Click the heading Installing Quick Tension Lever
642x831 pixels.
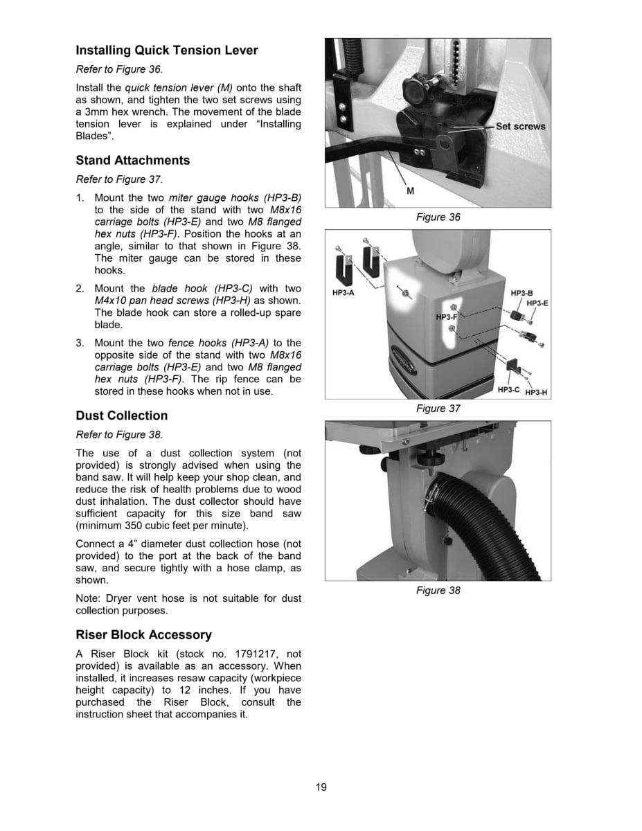tap(166, 51)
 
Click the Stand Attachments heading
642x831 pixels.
tap(132, 161)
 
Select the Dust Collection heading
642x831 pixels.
tap(121, 415)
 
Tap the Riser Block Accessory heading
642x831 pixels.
tap(143, 635)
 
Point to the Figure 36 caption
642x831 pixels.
tap(438, 217)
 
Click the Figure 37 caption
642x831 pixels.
tap(438, 409)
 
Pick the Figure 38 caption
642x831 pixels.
tap(438, 590)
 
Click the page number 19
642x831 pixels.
tap(321, 787)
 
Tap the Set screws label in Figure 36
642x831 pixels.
tap(520, 127)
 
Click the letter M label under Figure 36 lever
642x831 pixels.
tap(410, 190)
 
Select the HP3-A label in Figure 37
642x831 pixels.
tap(344, 293)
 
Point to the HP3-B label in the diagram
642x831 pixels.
tap(521, 294)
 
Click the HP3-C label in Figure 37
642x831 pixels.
tap(508, 391)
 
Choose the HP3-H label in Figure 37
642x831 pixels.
tap(536, 393)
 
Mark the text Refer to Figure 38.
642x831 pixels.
tap(119, 435)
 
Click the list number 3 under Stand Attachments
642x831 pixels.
tap(80, 343)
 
